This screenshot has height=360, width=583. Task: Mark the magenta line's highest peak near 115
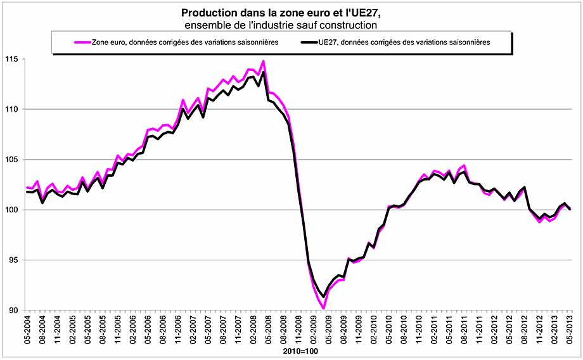tap(264, 61)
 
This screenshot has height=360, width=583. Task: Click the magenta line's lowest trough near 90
tap(324, 309)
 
